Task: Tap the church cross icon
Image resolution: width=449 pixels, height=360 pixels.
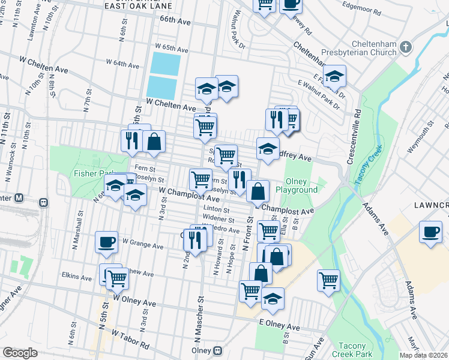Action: click(406, 47)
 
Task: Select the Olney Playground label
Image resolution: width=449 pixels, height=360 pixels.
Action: click(296, 185)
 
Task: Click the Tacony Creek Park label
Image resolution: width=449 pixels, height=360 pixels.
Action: click(356, 350)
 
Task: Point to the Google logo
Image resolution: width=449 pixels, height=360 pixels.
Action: click(20, 353)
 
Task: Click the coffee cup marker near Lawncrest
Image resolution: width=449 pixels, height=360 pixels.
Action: click(430, 232)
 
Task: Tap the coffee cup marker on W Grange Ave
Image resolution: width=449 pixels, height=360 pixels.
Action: click(106, 241)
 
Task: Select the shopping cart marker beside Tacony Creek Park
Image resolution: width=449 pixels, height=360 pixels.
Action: click(328, 280)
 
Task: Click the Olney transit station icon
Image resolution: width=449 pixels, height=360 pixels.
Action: click(218, 350)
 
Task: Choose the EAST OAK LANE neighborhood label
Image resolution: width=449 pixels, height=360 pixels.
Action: click(138, 6)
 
